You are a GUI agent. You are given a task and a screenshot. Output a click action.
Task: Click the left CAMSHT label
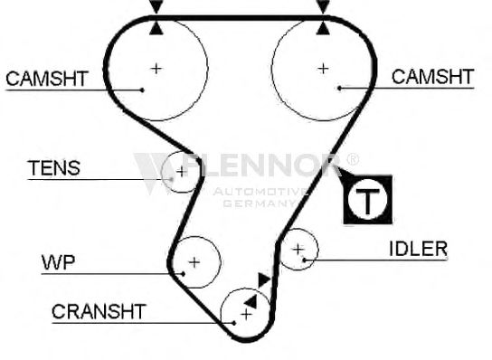point(47,79)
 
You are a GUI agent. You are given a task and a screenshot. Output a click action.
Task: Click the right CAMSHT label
point(432,77)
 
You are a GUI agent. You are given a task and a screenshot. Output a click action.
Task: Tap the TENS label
point(54,168)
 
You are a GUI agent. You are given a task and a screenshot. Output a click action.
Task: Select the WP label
point(59,262)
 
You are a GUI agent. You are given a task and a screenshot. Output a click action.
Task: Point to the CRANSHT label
point(99,311)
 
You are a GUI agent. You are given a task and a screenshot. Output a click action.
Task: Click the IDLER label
point(418,249)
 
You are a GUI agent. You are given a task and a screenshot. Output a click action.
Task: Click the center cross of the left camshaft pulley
point(156,69)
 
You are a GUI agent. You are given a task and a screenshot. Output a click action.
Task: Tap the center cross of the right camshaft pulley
point(323,69)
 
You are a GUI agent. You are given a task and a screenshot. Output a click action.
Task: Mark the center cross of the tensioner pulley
point(182,172)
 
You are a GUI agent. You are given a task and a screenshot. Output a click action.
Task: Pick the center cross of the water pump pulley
point(194,262)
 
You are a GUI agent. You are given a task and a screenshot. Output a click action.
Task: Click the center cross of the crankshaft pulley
point(246,314)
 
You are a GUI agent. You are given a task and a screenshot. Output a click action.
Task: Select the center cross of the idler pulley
point(298,250)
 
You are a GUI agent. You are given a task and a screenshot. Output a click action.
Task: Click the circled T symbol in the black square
point(367,200)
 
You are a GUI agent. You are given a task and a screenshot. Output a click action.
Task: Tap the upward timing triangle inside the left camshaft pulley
point(156,29)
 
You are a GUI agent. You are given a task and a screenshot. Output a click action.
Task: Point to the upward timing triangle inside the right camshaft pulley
point(323,29)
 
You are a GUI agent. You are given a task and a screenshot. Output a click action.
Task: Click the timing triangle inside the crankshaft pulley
point(251,302)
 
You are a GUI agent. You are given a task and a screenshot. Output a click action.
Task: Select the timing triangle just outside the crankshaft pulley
point(264,279)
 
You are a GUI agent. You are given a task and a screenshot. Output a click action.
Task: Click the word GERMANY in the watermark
point(260,204)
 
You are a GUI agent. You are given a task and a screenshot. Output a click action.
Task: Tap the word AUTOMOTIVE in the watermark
point(260,192)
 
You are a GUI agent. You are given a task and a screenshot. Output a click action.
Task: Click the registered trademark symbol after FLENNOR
point(353,159)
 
